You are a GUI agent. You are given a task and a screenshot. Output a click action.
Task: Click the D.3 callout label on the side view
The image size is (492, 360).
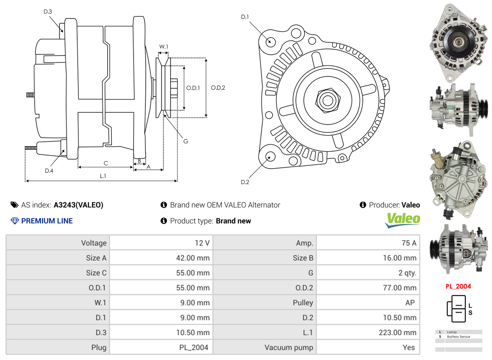tap(48, 11)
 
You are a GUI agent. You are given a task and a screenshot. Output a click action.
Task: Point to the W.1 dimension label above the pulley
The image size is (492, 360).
tap(163, 46)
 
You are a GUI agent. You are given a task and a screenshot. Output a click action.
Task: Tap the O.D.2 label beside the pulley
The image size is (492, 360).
tap(218, 88)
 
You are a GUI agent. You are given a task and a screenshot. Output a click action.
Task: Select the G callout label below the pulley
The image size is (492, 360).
tap(186, 141)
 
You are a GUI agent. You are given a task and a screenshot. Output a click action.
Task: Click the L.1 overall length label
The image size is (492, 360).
tap(103, 176)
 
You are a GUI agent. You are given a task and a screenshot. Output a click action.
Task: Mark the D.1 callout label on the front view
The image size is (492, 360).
tap(245, 17)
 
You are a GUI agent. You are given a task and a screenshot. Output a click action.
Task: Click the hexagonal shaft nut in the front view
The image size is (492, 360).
tap(328, 100)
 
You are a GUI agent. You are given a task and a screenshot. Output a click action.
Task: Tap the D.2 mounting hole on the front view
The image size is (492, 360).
tap(270, 157)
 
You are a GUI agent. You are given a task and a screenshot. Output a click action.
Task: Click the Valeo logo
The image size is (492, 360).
tap(403, 220)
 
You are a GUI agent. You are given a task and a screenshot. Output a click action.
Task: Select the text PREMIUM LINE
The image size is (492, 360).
tap(47, 221)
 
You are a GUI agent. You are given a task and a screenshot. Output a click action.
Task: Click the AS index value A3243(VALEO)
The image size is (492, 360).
tap(78, 205)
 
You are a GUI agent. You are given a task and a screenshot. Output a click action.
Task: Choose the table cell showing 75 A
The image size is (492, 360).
tap(368, 243)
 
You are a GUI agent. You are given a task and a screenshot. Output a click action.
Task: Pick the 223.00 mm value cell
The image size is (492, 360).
tap(368, 332)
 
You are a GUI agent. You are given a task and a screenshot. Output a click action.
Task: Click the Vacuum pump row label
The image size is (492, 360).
tap(289, 347)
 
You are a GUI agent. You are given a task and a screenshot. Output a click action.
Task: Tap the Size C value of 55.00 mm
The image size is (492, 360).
tap(161, 273)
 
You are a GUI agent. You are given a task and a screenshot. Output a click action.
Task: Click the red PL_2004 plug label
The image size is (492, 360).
tap(459, 286)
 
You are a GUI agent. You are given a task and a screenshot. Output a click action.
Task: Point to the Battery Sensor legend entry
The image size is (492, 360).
tap(459, 337)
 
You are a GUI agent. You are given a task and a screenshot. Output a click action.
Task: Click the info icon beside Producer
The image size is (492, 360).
tap(363, 205)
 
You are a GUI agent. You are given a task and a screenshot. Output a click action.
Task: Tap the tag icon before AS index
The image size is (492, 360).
tap(15, 205)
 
